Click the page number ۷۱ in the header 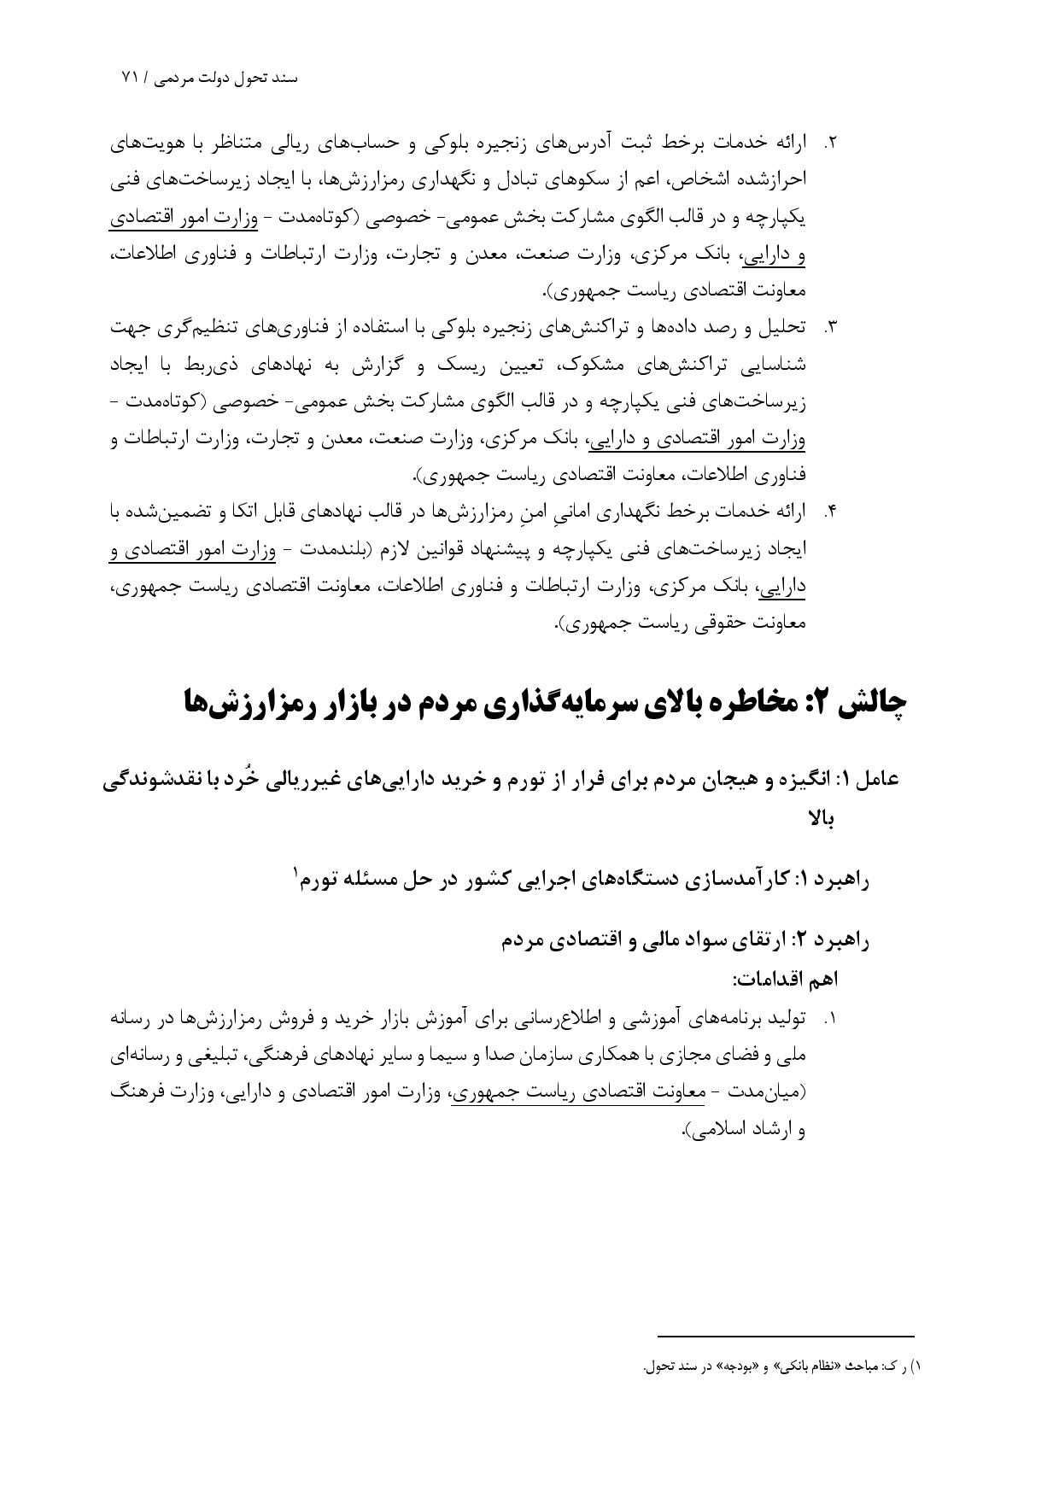tap(130, 77)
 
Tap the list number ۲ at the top tap(830, 143)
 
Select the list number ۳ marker tap(830, 327)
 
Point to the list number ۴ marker tap(830, 512)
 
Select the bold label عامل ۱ tap(867, 780)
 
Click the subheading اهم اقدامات tap(786, 979)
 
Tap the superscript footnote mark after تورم tap(296, 870)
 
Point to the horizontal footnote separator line tap(786, 1337)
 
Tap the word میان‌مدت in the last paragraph tap(774, 1092)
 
